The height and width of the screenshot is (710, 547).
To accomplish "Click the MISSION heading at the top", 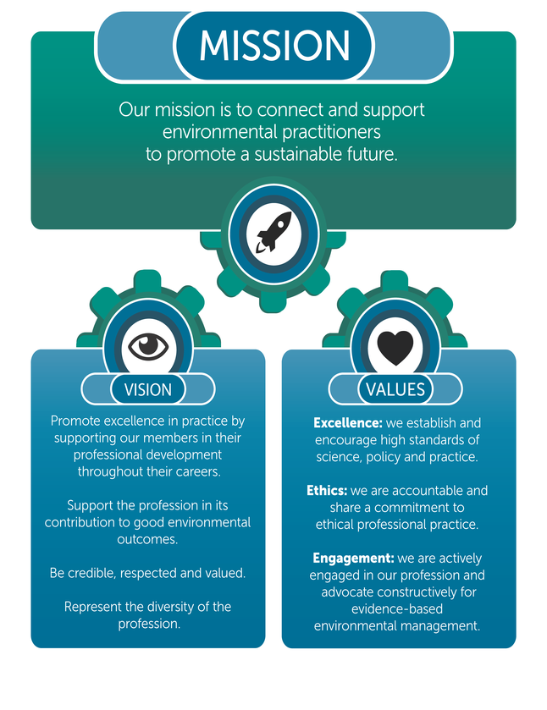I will coord(273,46).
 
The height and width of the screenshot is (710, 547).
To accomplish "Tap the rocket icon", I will coord(273,231).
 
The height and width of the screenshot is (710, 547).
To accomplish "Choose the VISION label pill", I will coord(148,389).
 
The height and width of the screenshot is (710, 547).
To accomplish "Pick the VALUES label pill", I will coord(395,389).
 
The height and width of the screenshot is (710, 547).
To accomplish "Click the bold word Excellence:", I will coord(348,422).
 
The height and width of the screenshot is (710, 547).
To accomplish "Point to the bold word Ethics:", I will coord(326,491).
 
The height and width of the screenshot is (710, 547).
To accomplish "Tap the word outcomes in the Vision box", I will coord(148,539).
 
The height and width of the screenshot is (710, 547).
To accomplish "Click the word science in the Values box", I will coord(336,457).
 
